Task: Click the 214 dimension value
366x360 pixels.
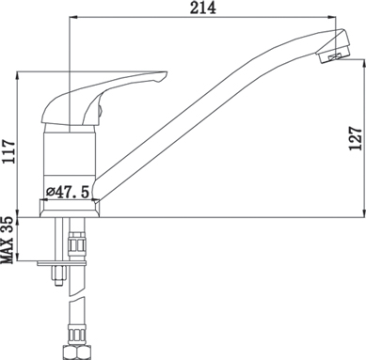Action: click(x=203, y=8)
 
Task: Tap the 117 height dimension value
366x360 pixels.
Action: click(x=8, y=151)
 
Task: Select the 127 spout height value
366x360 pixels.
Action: click(x=356, y=138)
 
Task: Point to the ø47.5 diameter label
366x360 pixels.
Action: click(x=68, y=192)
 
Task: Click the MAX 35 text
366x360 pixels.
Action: click(x=8, y=240)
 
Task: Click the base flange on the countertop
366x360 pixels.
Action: click(x=70, y=209)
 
